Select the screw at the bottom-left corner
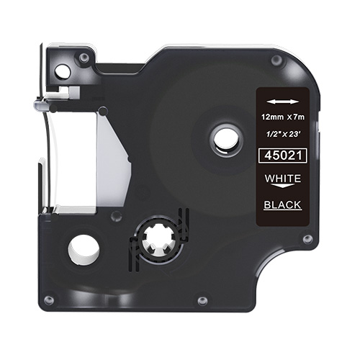pos(48,299)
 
